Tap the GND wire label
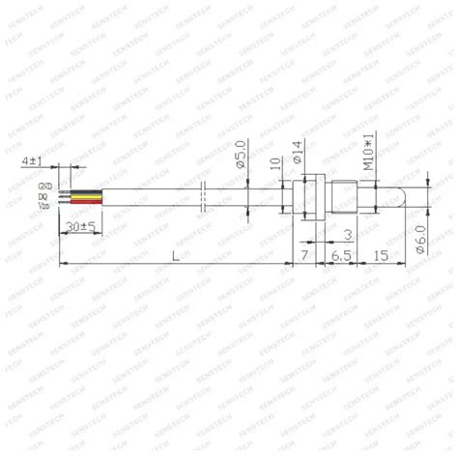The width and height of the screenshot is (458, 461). [x=45, y=185]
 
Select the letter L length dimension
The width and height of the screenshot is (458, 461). [x=174, y=254]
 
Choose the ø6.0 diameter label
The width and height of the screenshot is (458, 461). [x=419, y=235]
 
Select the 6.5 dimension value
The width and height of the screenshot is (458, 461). [x=340, y=254]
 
